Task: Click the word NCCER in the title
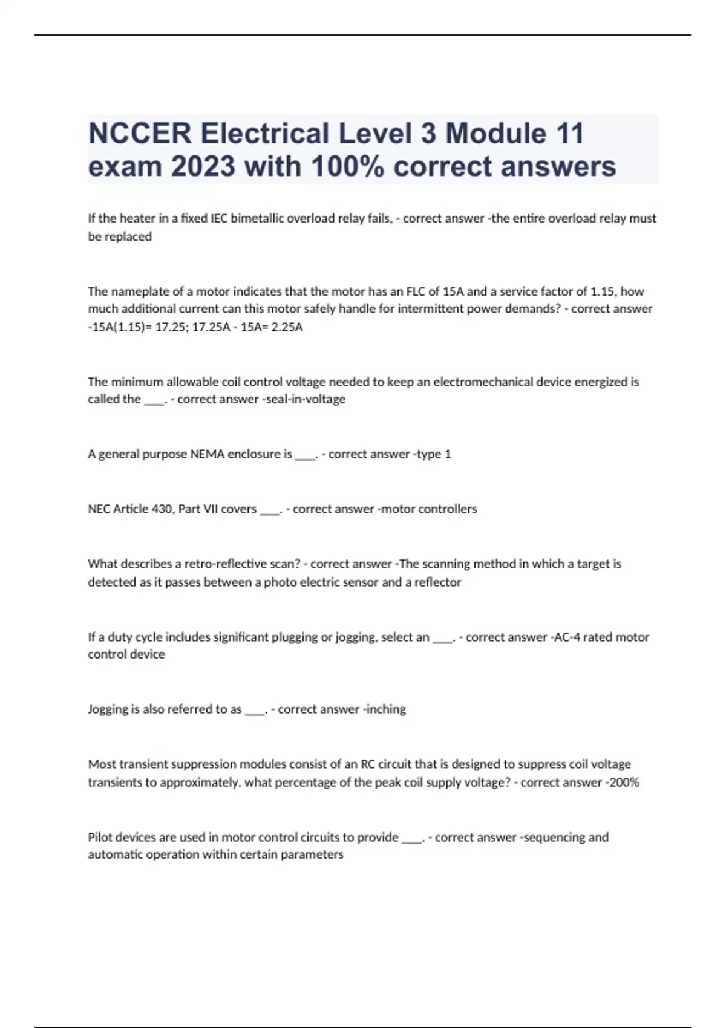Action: pos(140,134)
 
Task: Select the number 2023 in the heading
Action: pos(203,166)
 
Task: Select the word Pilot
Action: pos(100,838)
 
